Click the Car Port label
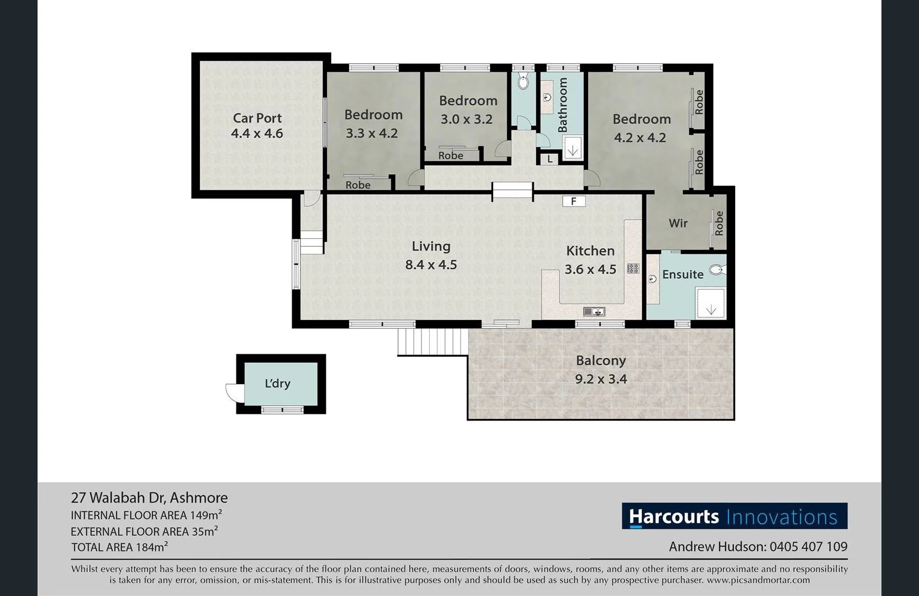click(x=257, y=118)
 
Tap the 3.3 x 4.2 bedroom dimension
click(x=372, y=134)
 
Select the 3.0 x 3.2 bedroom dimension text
click(x=466, y=119)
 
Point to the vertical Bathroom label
click(x=563, y=104)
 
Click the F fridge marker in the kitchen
click(x=573, y=201)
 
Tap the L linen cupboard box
click(x=550, y=159)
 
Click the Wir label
click(x=678, y=223)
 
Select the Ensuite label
click(x=683, y=274)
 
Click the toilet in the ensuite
click(x=717, y=270)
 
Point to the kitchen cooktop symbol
click(x=633, y=269)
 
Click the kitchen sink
click(x=594, y=312)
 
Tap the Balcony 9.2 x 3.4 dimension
click(x=601, y=379)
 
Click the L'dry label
click(x=277, y=384)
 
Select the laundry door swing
click(x=232, y=391)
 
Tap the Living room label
click(x=431, y=246)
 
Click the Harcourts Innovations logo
click(x=734, y=517)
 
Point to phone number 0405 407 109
click(x=808, y=547)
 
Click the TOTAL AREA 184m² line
click(x=119, y=547)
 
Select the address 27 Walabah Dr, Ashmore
click(x=149, y=498)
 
